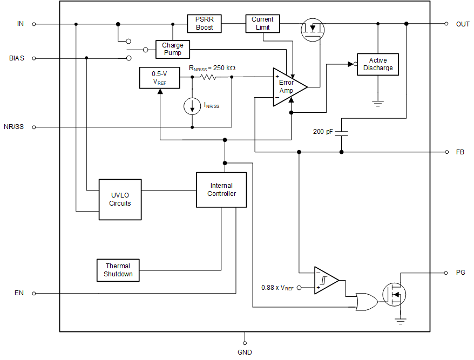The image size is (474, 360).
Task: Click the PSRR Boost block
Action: coord(205,23)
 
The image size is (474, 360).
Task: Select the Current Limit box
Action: coord(263,23)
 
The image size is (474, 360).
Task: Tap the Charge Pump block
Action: coord(173,49)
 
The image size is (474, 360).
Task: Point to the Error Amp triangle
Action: coord(288,87)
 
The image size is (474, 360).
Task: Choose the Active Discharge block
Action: coord(378,64)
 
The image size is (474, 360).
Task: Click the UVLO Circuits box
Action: coord(120,199)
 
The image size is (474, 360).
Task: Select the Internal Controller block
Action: coord(221,189)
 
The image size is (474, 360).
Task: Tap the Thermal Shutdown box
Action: coord(118,270)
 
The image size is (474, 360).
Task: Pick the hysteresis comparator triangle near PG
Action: coord(326,281)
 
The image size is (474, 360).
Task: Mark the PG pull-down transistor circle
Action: coord(394,294)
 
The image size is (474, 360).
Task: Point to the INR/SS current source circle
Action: coord(192,106)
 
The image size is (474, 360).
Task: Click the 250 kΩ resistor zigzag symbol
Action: coord(208,77)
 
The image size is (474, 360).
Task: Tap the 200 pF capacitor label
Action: coord(323,132)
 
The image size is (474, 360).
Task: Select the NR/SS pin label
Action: coord(13,127)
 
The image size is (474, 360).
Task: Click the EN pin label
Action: coord(19,294)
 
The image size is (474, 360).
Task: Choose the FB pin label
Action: coord(460,152)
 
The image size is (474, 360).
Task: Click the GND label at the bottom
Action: coord(245,352)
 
